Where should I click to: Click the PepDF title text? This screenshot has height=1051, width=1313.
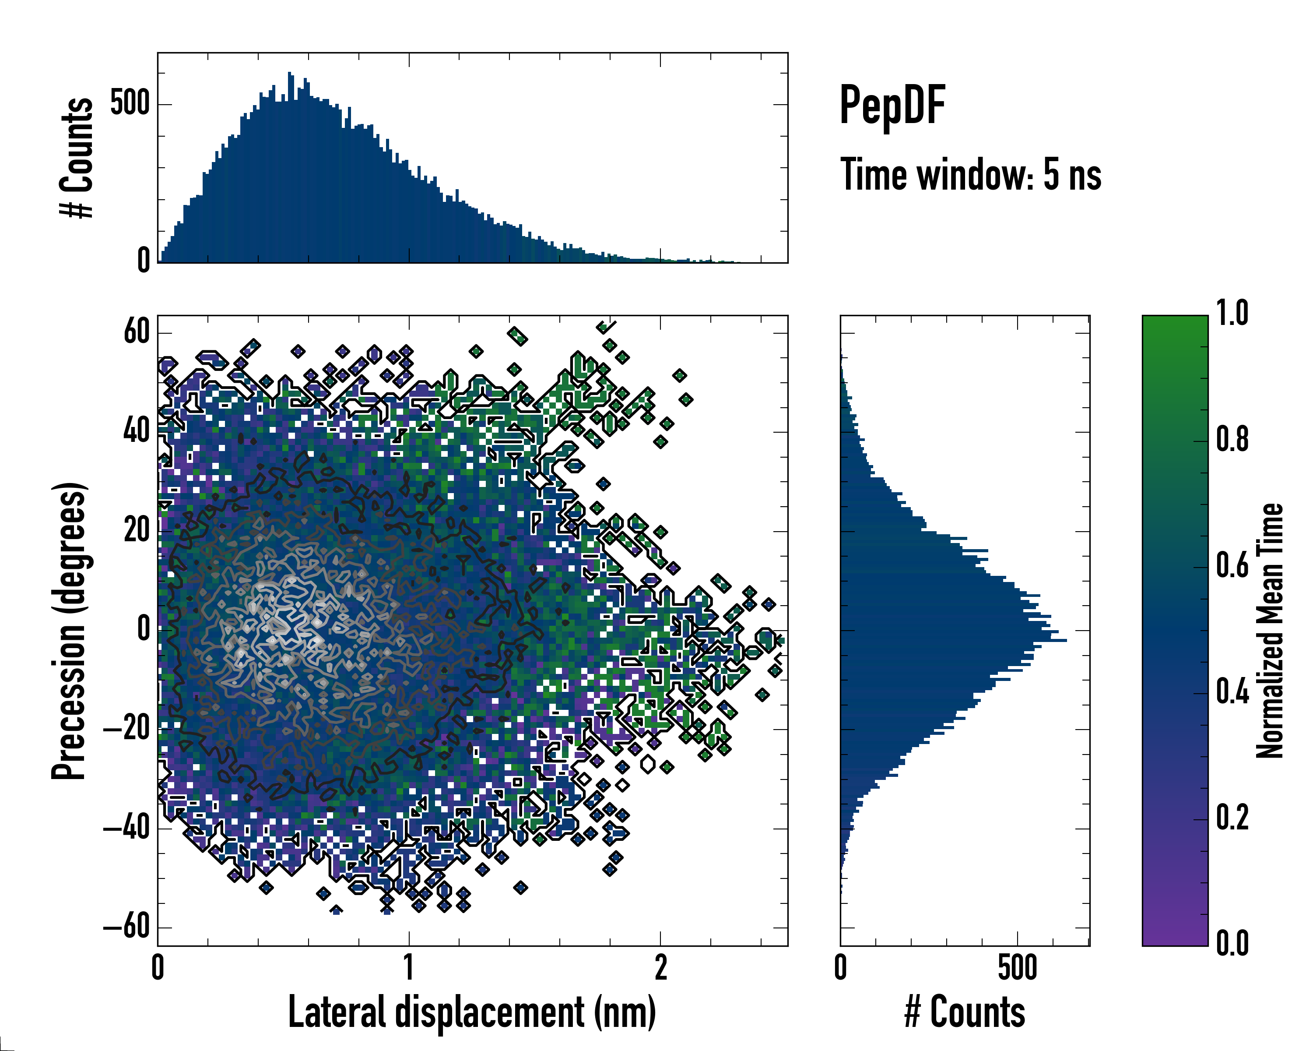click(892, 106)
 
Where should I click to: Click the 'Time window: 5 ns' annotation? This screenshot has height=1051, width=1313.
click(971, 175)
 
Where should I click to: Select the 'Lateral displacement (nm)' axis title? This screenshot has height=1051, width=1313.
click(472, 1012)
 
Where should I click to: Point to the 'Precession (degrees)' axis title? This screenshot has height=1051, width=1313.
click(69, 631)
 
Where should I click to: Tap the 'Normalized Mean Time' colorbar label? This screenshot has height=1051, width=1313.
click(1270, 631)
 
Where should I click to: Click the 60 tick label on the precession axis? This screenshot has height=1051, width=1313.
click(137, 333)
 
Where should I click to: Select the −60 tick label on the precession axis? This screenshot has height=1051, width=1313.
click(126, 928)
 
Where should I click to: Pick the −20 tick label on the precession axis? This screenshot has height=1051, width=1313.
click(126, 729)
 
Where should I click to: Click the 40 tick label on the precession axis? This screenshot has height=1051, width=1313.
click(137, 432)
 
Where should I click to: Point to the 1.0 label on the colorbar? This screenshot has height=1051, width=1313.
click(1232, 313)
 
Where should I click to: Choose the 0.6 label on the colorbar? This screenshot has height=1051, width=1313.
click(1232, 565)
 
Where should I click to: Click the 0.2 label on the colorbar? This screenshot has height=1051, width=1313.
click(1232, 817)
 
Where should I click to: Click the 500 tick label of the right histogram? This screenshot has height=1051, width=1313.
click(1017, 968)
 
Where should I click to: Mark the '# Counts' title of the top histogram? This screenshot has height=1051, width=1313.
click(77, 157)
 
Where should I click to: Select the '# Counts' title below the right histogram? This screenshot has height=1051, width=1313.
click(965, 1012)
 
